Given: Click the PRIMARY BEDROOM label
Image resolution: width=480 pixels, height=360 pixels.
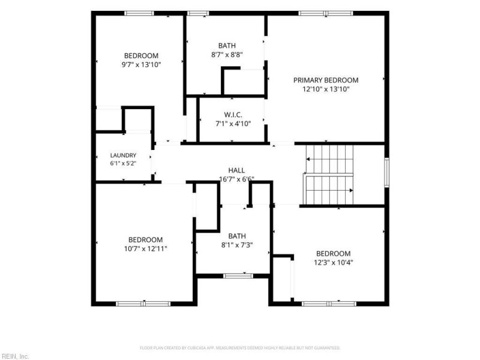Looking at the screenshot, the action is click(x=326, y=80).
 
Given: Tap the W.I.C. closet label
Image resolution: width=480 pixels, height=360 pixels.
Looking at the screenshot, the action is click(x=233, y=115).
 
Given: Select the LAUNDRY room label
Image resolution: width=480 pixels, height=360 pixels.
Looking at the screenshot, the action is click(x=123, y=155).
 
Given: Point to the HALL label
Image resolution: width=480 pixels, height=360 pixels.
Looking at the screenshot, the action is click(x=236, y=170).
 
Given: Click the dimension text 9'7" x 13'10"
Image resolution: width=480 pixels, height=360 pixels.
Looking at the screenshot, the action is click(x=141, y=65).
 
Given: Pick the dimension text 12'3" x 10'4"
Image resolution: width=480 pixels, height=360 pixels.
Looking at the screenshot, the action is click(x=334, y=263).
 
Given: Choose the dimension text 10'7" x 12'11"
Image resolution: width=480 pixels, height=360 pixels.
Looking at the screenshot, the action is click(x=145, y=248).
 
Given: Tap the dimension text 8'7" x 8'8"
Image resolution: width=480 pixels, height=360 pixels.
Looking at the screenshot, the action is click(x=227, y=55).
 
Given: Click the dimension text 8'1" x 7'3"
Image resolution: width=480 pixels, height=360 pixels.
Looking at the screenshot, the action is click(x=237, y=245).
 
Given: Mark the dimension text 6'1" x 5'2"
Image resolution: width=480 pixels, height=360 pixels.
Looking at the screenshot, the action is click(x=123, y=163).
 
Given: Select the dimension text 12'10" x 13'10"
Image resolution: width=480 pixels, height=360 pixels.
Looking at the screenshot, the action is click(x=326, y=89).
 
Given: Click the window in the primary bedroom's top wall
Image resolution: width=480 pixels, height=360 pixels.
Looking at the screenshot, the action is click(x=326, y=13).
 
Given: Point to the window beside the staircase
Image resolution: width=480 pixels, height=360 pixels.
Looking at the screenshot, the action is click(x=387, y=172).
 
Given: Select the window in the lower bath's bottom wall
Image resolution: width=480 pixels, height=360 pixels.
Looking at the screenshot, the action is click(x=238, y=276).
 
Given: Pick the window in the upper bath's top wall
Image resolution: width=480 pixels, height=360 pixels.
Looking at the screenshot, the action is click(x=198, y=13).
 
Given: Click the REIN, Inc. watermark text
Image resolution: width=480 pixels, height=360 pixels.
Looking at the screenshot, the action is click(x=14, y=356).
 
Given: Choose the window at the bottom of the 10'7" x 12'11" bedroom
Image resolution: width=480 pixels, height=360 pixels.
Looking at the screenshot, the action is click(x=143, y=304).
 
